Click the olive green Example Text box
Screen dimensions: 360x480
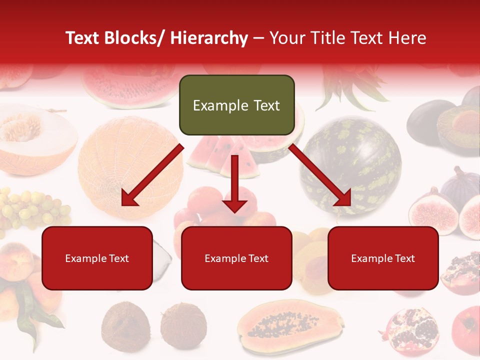pyautogui.click(x=236, y=105)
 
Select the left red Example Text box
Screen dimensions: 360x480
pyautogui.click(x=97, y=258)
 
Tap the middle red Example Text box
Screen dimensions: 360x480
pyautogui.click(x=236, y=258)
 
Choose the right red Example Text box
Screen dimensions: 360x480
pyautogui.click(x=383, y=258)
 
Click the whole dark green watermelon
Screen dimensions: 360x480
pyautogui.click(x=350, y=165)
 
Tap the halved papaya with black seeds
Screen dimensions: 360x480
pyautogui.click(x=290, y=327)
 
